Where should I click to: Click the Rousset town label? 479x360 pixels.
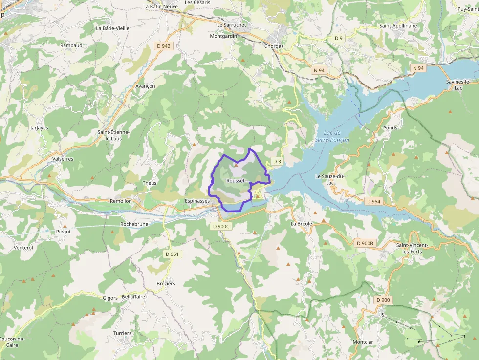[x=236, y=181]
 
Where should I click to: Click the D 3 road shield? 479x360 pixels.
[x=277, y=161]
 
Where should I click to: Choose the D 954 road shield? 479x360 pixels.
[x=373, y=201]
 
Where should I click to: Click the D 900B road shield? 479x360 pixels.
[x=365, y=243]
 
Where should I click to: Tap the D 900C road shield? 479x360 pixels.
[x=221, y=226]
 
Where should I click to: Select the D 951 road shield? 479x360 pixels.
[x=172, y=254]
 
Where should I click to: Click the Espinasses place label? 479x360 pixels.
[x=197, y=201]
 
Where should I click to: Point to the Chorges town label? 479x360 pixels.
[x=274, y=46]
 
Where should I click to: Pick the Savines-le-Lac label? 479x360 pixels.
[x=458, y=85]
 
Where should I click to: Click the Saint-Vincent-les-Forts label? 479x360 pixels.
[x=412, y=248]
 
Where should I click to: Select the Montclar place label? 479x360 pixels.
[x=363, y=342]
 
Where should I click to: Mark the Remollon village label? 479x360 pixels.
[x=121, y=201]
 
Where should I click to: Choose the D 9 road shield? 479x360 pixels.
[x=339, y=38]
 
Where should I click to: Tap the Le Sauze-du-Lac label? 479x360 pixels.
[x=330, y=179]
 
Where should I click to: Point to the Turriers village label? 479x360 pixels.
[x=122, y=333]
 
